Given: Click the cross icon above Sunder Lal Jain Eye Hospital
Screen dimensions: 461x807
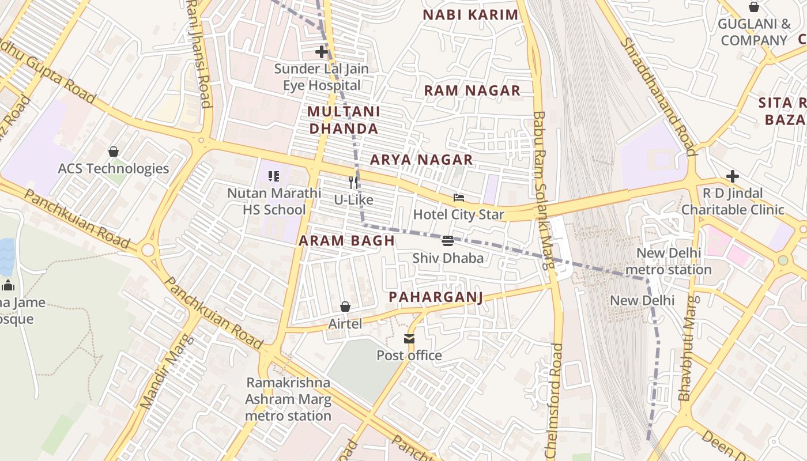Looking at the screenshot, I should [321, 52].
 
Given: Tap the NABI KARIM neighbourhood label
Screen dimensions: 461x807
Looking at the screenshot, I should [470, 15].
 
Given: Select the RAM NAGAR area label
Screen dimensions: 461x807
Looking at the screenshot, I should [472, 90].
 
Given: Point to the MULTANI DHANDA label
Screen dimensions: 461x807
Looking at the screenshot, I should [344, 120].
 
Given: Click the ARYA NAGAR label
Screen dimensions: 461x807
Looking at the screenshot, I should [421, 160].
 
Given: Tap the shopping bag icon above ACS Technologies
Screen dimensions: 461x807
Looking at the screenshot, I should [114, 152].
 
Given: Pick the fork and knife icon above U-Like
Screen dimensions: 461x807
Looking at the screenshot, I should [353, 183].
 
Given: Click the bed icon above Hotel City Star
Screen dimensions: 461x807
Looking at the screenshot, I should [459, 198].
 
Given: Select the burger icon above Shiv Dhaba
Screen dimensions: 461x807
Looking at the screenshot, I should [448, 240].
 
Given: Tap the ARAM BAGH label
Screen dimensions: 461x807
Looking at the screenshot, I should [346, 241].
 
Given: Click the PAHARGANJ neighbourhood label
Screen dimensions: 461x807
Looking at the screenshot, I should [435, 297].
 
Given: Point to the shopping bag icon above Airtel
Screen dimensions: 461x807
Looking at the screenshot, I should [345, 307].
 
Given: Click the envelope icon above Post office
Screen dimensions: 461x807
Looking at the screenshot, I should [409, 338].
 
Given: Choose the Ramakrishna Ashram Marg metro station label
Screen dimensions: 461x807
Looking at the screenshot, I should [288, 399].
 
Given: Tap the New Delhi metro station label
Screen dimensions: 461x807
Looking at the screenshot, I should [669, 261].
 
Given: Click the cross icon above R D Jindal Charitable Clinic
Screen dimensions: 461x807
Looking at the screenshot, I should [733, 176].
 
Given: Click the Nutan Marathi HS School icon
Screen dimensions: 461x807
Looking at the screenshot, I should [274, 176].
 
